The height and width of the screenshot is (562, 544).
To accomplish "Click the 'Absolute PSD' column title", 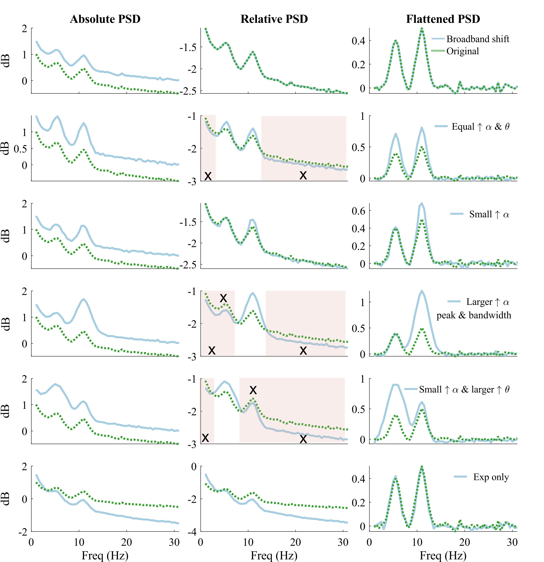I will tap(105, 19).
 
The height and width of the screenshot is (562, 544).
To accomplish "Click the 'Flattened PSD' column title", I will tap(443, 19).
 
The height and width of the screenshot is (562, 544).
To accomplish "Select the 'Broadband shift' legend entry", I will tap(477, 39).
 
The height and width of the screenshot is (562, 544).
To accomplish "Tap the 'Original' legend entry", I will tap(463, 51).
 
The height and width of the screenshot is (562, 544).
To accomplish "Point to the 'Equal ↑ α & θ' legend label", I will tap(480, 126).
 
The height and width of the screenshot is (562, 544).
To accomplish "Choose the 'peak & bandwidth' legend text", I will tap(474, 315).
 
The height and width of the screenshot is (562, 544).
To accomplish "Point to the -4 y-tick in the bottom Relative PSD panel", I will tap(192, 532).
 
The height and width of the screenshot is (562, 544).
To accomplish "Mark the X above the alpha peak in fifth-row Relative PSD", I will tap(253, 390).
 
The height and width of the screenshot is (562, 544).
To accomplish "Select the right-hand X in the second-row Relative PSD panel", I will tap(303, 175).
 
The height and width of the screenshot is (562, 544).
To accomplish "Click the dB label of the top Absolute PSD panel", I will tap(6, 61).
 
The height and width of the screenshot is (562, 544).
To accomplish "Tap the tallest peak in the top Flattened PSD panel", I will tap(422, 28).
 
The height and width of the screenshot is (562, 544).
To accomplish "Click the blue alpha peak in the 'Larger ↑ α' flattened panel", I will tap(422, 291).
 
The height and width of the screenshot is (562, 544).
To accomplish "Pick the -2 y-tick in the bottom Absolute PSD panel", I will tap(23, 532).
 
